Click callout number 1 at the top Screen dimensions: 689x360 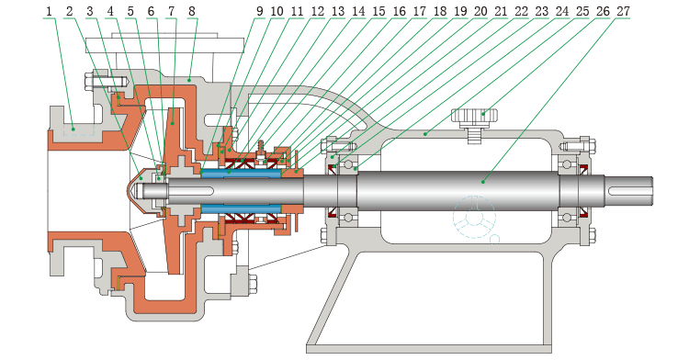click(x=49, y=11)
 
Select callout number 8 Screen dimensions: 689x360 click(x=192, y=11)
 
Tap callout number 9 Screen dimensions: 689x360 click(x=259, y=11)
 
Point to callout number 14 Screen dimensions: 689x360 click(x=358, y=11)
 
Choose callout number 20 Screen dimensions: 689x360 click(x=480, y=11)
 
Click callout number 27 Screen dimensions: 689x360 click(x=623, y=11)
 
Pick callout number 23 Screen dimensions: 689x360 click(x=541, y=11)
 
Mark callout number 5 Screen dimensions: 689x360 click(x=130, y=11)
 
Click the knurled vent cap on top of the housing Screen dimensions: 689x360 click(x=475, y=117)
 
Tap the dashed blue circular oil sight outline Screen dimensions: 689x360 click(x=474, y=218)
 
